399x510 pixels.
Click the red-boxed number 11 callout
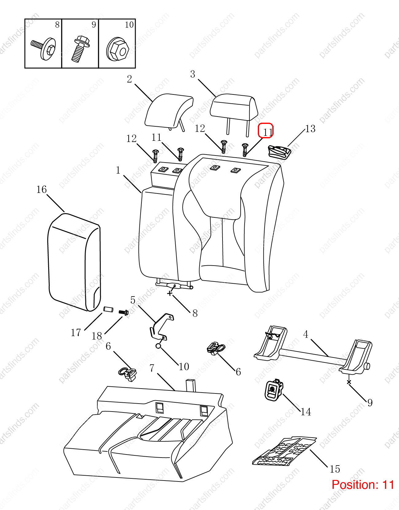click(265, 131)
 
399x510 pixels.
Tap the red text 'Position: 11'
click(363, 485)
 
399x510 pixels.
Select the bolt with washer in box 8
click(44, 49)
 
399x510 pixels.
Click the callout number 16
click(41, 190)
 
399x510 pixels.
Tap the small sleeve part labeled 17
click(108, 309)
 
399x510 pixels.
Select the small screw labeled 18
click(124, 313)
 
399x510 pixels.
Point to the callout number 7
click(152, 368)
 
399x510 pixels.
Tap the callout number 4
click(305, 335)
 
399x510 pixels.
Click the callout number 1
click(118, 170)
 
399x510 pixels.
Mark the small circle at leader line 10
click(158, 346)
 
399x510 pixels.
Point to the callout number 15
click(335, 469)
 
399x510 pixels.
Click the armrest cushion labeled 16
click(74, 262)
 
